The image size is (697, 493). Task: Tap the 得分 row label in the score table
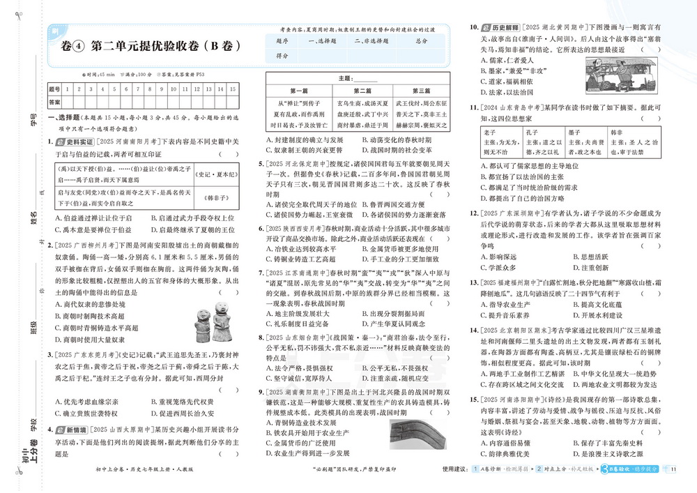point(282,55)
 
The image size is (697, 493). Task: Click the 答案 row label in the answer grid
point(54,102)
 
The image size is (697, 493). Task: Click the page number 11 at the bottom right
point(673,468)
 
